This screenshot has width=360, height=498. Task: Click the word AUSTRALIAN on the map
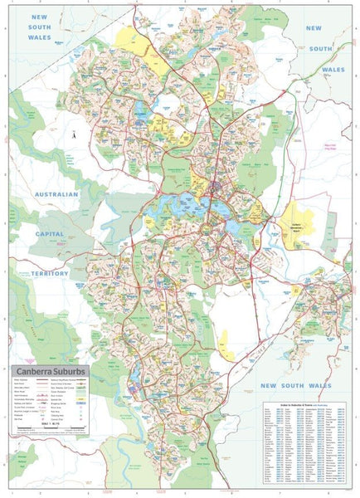click(x=56, y=194)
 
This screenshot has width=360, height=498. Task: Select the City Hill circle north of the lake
click(x=215, y=188)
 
